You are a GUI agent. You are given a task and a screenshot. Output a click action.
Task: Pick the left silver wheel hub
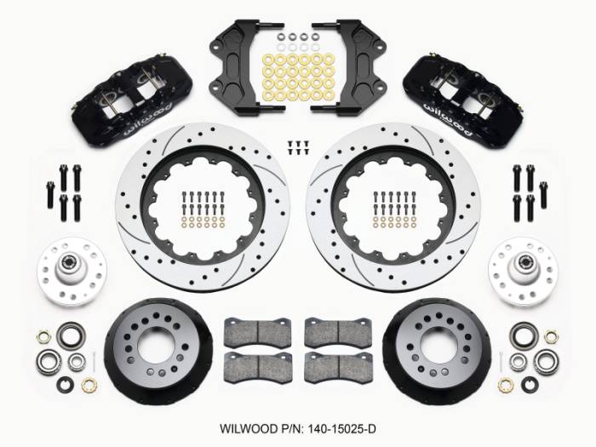[72, 272]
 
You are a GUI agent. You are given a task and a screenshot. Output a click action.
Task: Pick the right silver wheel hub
[523, 272]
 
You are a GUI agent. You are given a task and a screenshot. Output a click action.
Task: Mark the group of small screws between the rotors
[298, 146]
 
